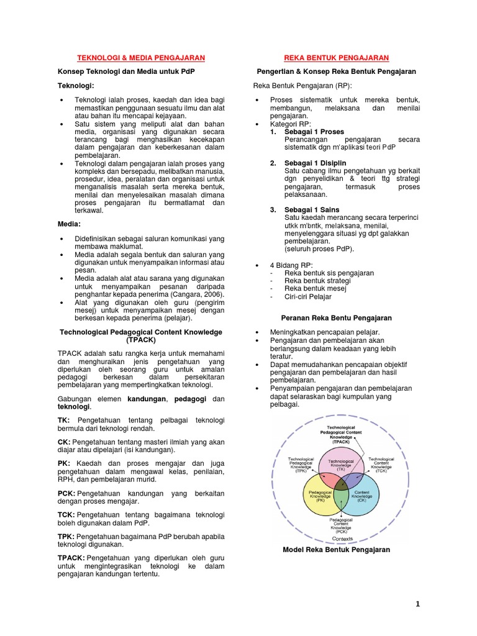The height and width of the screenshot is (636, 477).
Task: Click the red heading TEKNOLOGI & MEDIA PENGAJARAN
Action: click(140, 58)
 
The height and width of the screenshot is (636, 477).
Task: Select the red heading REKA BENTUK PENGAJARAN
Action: click(337, 58)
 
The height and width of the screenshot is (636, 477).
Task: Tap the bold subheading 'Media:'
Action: click(70, 223)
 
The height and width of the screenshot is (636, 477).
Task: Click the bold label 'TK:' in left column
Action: click(64, 420)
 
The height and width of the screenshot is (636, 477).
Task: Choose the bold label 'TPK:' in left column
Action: click(66, 536)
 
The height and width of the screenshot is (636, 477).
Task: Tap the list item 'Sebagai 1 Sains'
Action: click(311, 209)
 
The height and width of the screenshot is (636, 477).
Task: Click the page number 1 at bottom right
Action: click(418, 603)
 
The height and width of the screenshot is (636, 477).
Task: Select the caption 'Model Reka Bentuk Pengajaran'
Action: click(336, 550)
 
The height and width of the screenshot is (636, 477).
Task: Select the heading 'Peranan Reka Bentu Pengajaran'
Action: click(337, 317)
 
